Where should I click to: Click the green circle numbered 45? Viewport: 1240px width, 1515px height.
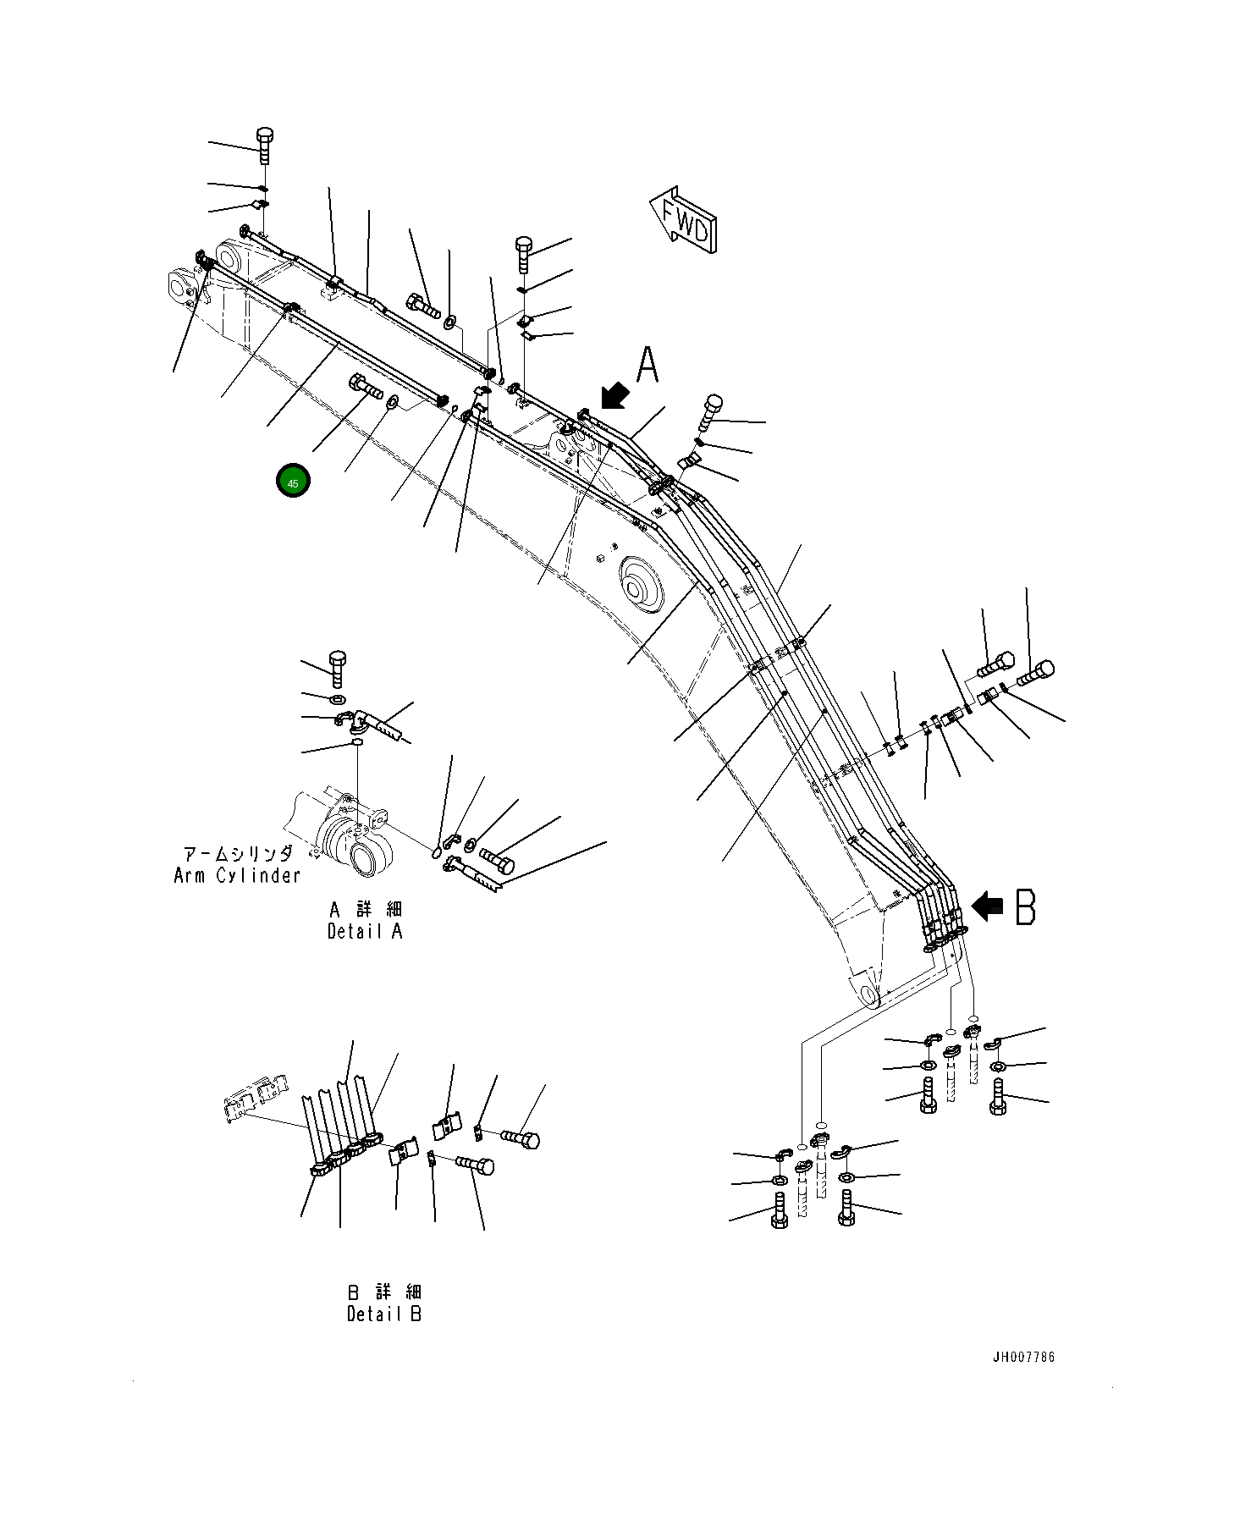point(293,482)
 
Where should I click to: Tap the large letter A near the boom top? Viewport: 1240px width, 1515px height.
point(648,366)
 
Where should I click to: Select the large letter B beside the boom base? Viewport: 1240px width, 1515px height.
point(1025,906)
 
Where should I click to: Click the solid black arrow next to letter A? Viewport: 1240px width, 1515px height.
point(614,396)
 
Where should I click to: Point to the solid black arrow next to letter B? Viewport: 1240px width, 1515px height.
point(986,906)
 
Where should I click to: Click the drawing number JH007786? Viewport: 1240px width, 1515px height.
point(1023,1358)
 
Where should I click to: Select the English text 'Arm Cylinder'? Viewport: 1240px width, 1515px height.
point(237,876)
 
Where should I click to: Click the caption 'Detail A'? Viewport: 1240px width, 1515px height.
point(365,932)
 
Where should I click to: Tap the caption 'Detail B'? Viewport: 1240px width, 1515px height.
point(383,1314)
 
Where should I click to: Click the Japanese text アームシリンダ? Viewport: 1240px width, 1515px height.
point(238,854)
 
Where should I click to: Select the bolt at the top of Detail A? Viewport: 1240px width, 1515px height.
point(338,668)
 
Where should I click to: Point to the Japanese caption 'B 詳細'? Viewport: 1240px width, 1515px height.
point(383,1292)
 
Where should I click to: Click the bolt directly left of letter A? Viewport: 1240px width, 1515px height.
point(523,253)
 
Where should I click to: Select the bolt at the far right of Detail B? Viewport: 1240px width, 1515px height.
point(521,1138)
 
